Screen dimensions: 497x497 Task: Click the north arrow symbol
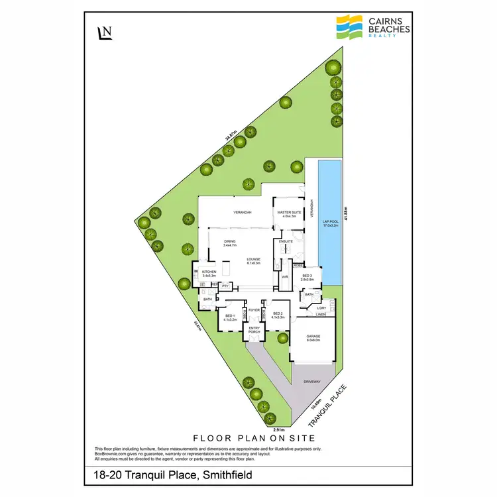click(x=104, y=33)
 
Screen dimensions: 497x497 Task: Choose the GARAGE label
click(x=313, y=338)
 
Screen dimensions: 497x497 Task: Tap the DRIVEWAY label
click(x=311, y=382)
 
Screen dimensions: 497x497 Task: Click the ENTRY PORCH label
click(x=255, y=329)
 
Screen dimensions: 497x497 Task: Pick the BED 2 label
click(x=277, y=315)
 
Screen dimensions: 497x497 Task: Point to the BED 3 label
click(x=307, y=277)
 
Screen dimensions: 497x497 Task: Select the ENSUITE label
click(x=286, y=242)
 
